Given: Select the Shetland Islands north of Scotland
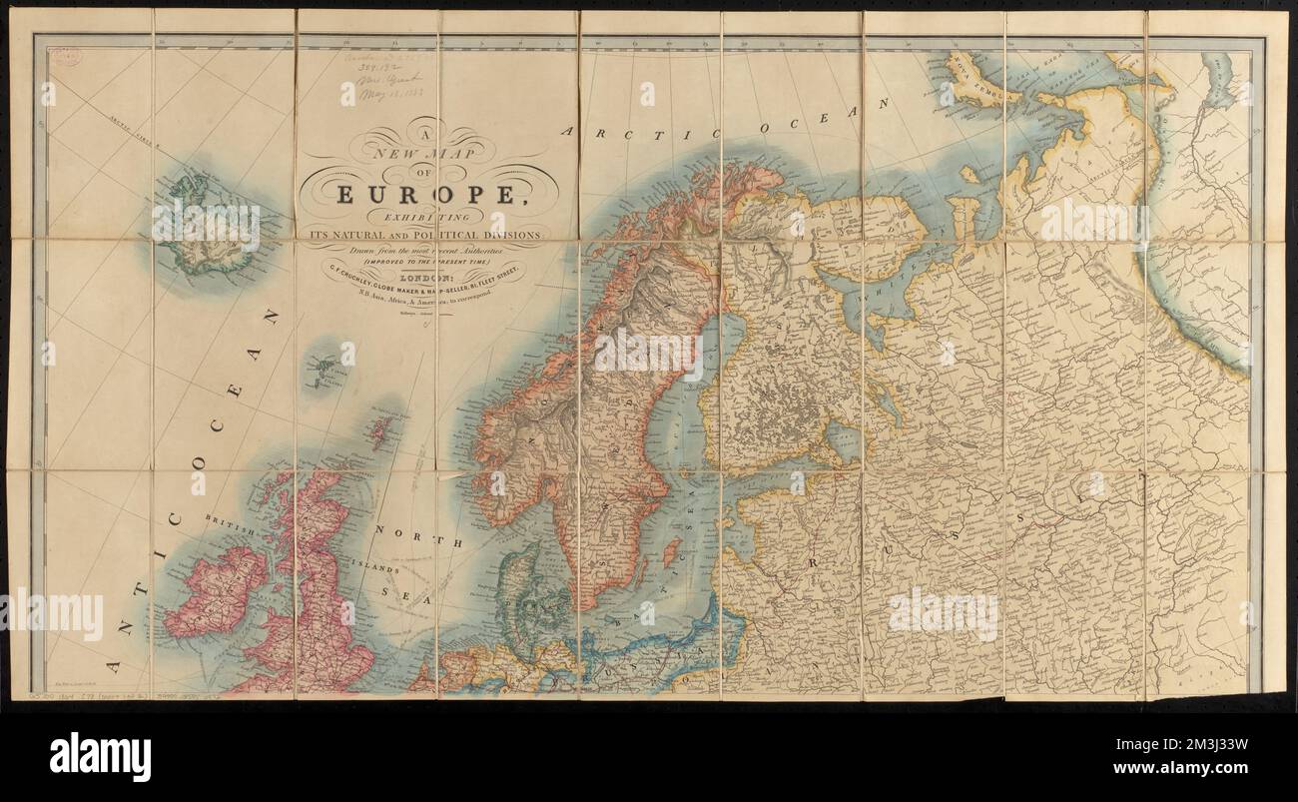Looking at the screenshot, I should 378,432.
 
